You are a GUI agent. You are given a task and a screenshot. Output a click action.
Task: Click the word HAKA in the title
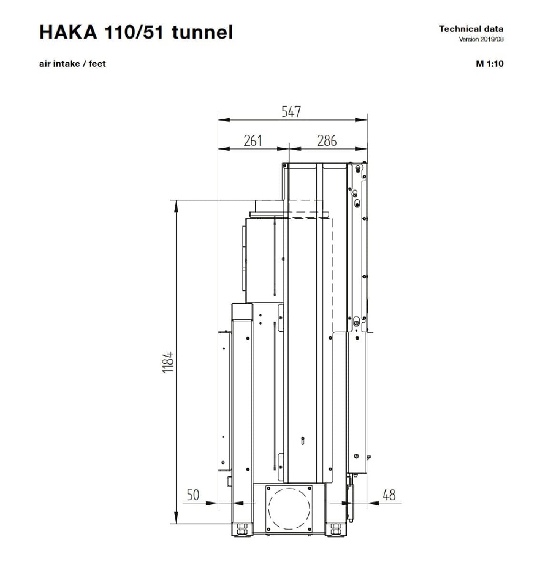[68, 32]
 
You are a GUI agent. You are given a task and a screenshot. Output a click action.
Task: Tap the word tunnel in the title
[202, 32]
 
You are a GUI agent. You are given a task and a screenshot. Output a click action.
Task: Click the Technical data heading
[471, 29]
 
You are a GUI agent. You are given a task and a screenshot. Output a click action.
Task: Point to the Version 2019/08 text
[481, 39]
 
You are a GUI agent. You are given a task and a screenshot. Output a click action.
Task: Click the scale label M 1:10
[489, 63]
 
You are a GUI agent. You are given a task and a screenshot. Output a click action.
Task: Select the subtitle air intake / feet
[72, 64]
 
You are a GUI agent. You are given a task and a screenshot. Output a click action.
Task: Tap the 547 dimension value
[291, 112]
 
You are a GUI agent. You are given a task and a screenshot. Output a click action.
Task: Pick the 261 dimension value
[252, 141]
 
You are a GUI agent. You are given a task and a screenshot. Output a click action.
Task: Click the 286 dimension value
[327, 141]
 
